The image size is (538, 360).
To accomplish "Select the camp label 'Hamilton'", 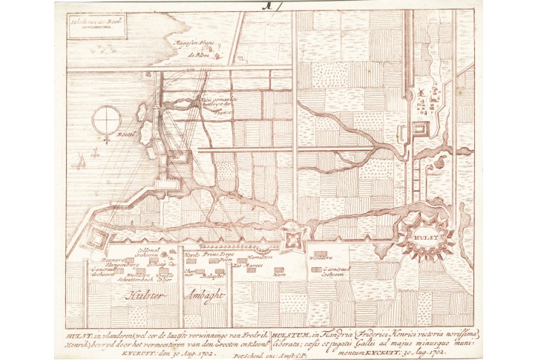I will (261, 257).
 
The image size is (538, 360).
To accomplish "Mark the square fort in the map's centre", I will (292, 239).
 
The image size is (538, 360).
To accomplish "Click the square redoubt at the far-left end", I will (97, 237).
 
